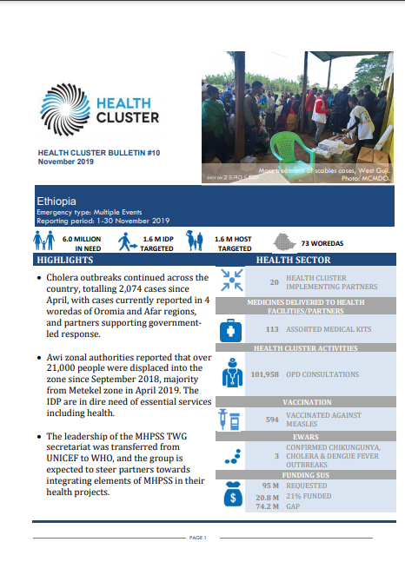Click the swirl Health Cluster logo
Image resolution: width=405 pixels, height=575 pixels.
(64, 105)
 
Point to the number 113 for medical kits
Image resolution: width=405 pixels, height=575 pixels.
(270, 330)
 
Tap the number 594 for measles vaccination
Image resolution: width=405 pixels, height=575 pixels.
(270, 419)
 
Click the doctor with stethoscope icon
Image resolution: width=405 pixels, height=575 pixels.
(232, 374)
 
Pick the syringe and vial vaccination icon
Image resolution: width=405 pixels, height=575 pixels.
(231, 419)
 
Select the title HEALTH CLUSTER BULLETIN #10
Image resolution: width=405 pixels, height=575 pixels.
(99, 153)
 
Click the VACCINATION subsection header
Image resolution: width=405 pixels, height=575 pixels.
(306, 402)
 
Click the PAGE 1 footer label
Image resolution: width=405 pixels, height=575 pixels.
(197, 538)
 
